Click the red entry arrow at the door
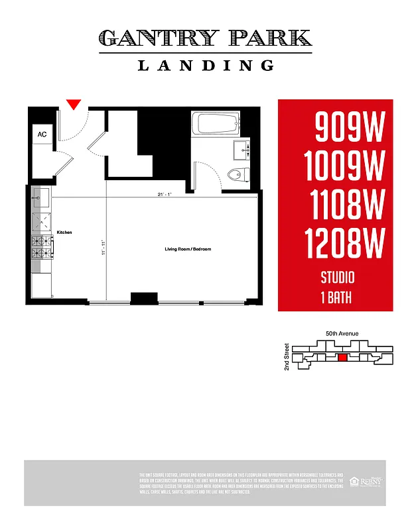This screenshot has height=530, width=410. tap(74, 104)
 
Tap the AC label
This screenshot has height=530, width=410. tap(42, 134)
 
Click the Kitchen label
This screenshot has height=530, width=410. tap(64, 233)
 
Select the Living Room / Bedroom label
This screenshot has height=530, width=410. tap(188, 249)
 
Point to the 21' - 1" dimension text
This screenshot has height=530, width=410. tap(157, 194)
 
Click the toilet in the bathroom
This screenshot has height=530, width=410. tap(236, 174)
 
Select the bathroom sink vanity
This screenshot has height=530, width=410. tap(241, 150)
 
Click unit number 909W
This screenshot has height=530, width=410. tap(349, 127)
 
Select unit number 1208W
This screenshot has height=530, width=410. tap(345, 244)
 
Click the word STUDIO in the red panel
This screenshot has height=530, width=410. tap(337, 278)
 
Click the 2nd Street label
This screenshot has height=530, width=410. tap(287, 356)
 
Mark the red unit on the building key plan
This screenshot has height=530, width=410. tap(342, 358)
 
